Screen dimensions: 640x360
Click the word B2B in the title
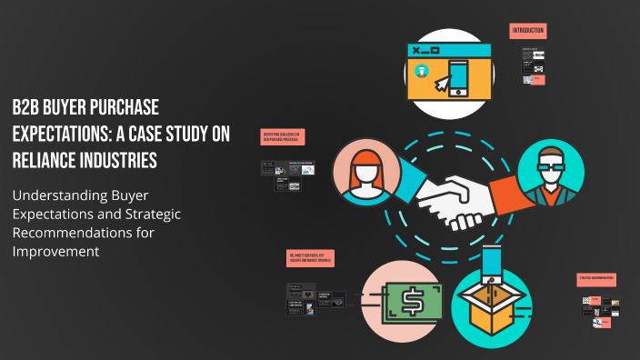pos(28,105)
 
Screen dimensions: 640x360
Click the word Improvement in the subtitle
pos(54,250)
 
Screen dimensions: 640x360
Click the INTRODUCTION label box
pos(527,31)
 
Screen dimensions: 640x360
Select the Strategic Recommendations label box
pos(596,278)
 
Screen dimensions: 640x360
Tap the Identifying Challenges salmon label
pos(283,136)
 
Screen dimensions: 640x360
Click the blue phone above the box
pos(493,264)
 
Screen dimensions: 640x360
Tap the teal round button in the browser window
pos(421,71)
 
